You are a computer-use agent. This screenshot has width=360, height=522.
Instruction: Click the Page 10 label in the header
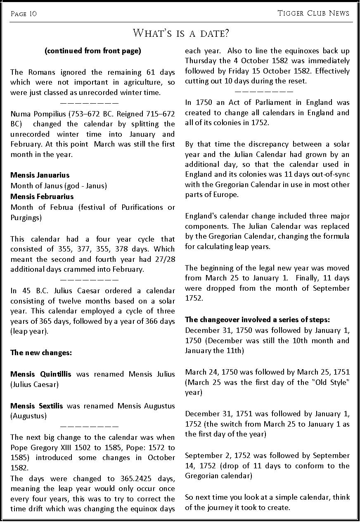point(24,14)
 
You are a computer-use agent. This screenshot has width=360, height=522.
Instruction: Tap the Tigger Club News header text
point(313,13)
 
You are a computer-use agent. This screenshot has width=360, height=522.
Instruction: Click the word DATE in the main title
point(214,33)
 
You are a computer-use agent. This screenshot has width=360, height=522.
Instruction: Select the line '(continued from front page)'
point(92,51)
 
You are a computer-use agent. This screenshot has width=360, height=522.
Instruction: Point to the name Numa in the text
point(20,114)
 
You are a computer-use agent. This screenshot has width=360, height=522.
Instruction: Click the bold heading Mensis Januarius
point(40,176)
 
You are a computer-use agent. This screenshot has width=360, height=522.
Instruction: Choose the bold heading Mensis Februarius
point(42,197)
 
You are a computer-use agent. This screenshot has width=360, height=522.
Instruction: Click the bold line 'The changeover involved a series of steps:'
point(257,320)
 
